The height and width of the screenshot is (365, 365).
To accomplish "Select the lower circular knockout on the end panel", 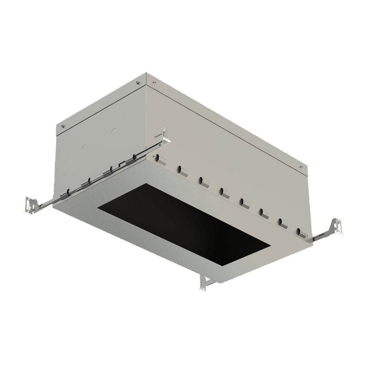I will point(84,147).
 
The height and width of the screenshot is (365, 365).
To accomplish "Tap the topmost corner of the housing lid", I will point(147,74).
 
